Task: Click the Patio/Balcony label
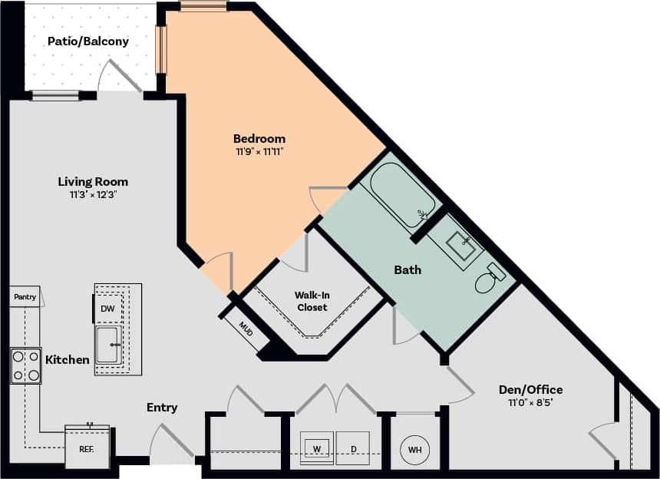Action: pyautogui.click(x=88, y=41)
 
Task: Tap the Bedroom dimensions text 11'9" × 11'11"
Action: pyautogui.click(x=259, y=152)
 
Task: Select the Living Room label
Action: pyautogui.click(x=93, y=182)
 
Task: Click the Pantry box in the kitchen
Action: pyautogui.click(x=25, y=297)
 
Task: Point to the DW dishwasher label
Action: pyautogui.click(x=107, y=309)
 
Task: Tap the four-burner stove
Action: pyautogui.click(x=25, y=366)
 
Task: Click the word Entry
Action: pyautogui.click(x=162, y=408)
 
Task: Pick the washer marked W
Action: pyautogui.click(x=316, y=447)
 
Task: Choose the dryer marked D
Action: pyautogui.click(x=352, y=447)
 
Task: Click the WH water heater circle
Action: pyautogui.click(x=414, y=448)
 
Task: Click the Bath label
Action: pyautogui.click(x=408, y=270)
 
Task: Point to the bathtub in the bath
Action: pyautogui.click(x=402, y=195)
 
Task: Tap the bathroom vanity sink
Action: pyautogui.click(x=462, y=245)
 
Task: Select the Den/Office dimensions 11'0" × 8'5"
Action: pyautogui.click(x=530, y=402)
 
